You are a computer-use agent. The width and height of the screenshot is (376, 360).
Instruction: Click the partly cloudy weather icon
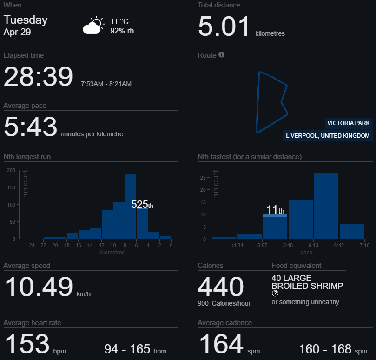click(93, 26)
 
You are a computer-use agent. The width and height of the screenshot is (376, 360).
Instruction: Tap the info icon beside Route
click(221, 55)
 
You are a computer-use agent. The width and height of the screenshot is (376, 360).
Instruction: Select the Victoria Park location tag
click(349, 123)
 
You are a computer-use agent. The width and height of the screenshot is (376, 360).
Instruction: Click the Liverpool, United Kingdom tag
click(328, 136)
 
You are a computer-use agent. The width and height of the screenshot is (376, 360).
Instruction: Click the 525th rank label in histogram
click(142, 204)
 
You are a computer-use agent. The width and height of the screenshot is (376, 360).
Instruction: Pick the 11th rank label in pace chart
click(275, 209)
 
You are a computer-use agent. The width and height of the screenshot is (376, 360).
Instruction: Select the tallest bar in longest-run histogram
click(131, 206)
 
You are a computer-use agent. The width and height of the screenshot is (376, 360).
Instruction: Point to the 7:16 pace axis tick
click(364, 245)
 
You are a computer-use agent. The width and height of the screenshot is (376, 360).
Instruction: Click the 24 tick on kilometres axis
click(32, 245)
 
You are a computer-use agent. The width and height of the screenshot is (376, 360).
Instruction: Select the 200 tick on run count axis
click(11, 170)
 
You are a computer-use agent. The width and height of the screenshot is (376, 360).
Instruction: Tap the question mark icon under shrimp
click(275, 293)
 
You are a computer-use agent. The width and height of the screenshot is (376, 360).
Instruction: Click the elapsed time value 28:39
click(38, 77)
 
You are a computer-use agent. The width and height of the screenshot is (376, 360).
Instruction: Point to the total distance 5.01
click(224, 27)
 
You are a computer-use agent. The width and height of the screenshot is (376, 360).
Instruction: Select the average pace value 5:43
click(31, 127)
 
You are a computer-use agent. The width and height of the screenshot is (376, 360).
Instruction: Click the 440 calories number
click(221, 287)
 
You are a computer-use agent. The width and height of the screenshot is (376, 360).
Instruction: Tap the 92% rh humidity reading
click(122, 31)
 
